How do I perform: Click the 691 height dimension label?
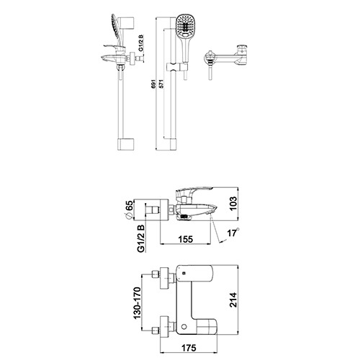coord(153,84)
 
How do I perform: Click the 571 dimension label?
coord(161,84)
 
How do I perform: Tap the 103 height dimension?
coord(233,204)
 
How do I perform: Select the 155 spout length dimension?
coord(186,239)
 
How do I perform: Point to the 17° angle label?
coord(233,233)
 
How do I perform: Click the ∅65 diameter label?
coord(129,210)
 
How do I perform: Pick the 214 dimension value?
coord(233,300)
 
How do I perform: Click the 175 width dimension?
coord(189,348)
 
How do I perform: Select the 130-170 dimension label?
coord(137,303)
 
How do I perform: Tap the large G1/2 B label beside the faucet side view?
coord(141,238)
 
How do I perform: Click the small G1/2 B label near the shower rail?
coord(141,43)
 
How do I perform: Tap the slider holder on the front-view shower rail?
coord(177,67)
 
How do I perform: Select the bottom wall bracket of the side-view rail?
coord(125,145)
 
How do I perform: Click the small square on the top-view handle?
coord(184,273)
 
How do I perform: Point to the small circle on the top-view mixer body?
coord(184,326)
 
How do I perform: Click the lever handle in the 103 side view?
coord(194,191)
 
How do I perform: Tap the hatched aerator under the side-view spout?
coord(184,216)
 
